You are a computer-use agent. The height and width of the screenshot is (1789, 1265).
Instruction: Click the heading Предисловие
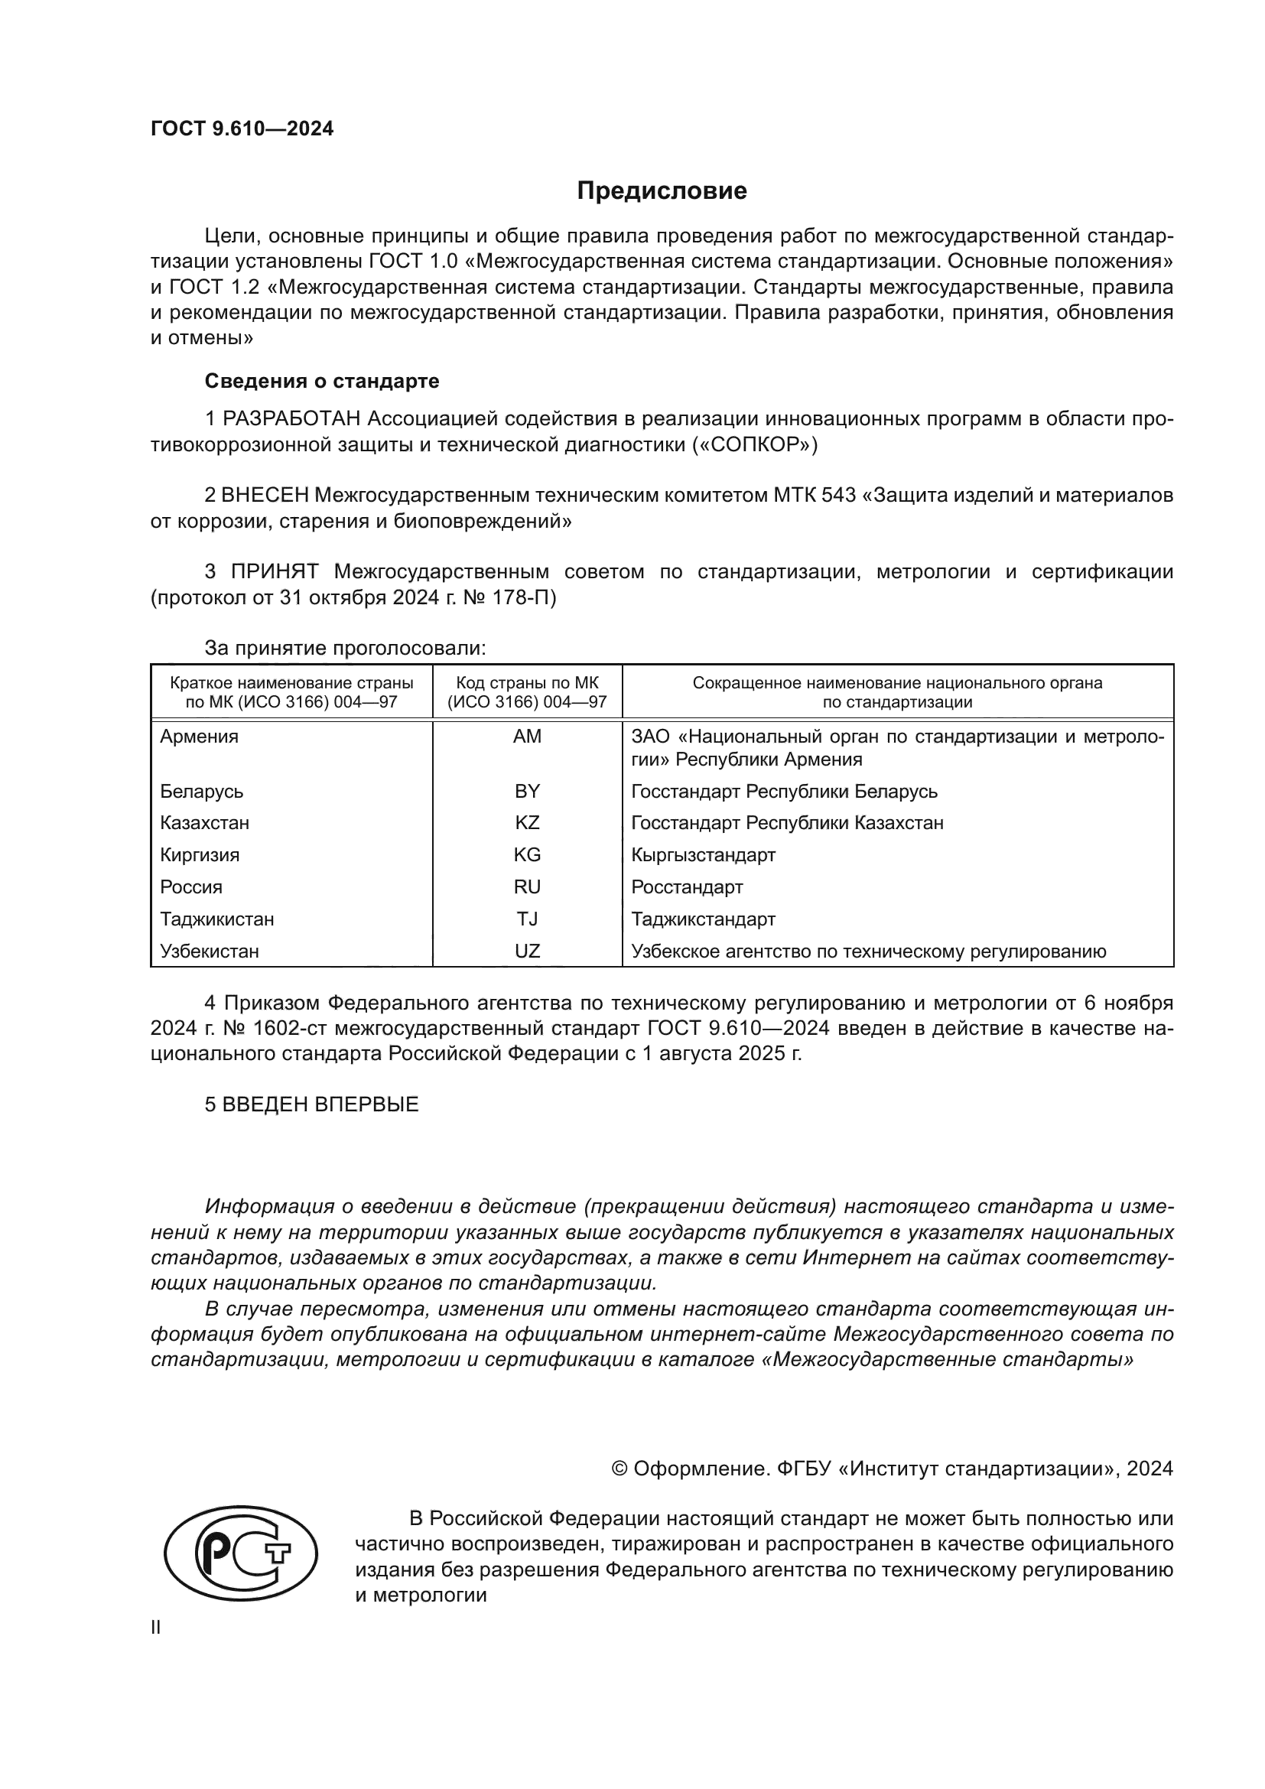point(662,191)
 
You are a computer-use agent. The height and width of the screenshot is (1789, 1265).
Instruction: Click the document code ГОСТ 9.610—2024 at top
point(242,129)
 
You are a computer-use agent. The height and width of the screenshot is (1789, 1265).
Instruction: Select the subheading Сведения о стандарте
point(322,381)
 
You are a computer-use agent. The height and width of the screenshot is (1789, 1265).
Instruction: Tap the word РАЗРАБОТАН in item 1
point(291,419)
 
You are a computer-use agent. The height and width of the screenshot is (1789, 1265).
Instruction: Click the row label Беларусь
point(202,792)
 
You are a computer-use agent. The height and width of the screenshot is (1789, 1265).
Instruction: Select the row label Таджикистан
point(216,919)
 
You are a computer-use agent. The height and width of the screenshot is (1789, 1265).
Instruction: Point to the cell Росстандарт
point(687,887)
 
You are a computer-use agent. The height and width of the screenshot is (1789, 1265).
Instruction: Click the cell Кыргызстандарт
point(703,856)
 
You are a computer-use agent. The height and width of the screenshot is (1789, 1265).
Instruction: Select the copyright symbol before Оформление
point(620,1469)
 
